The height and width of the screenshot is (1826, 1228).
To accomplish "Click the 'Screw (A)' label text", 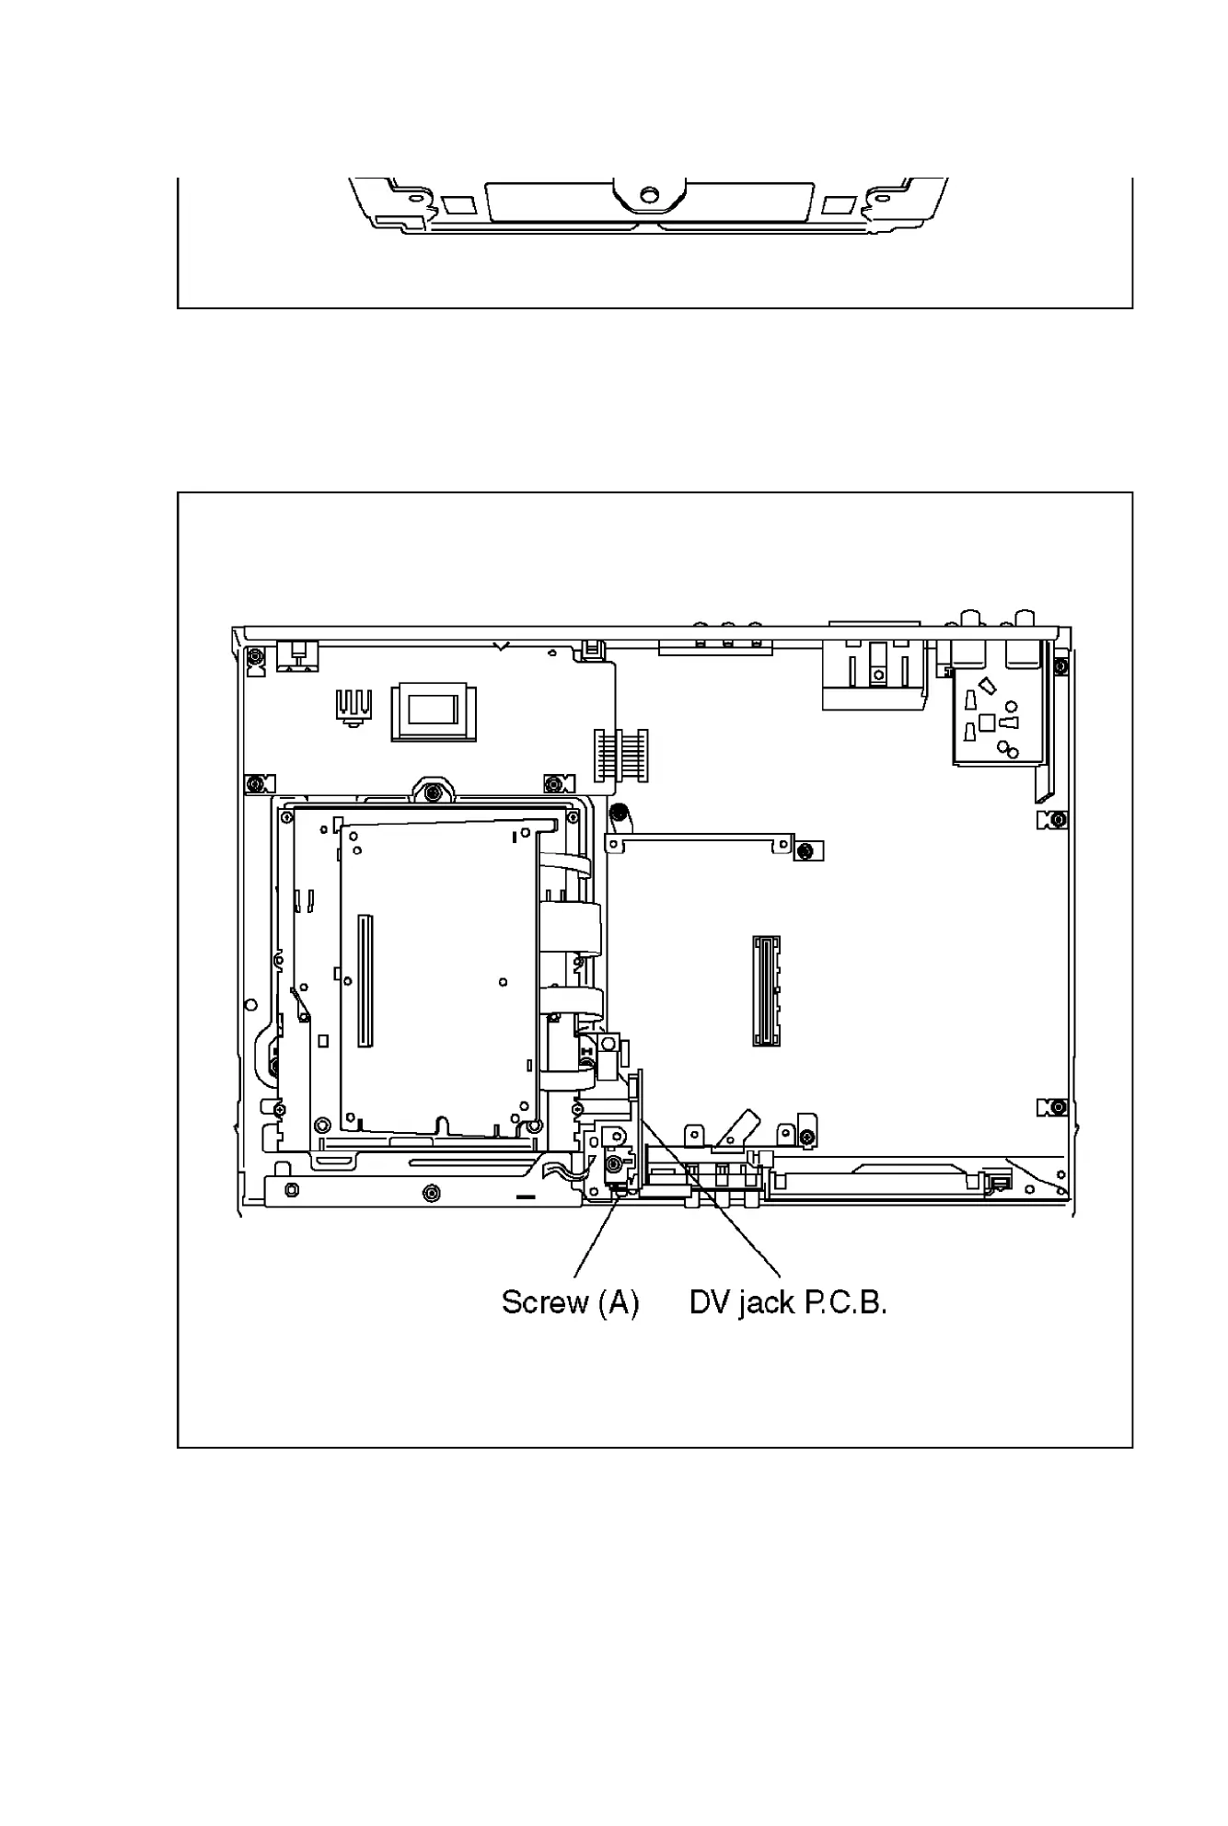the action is [570, 1303].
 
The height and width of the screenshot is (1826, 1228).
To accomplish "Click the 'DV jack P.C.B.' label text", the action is [788, 1303].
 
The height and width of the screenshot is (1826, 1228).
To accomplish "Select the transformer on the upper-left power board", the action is [434, 711].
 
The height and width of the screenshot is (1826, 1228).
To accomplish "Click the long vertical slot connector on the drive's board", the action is [364, 980].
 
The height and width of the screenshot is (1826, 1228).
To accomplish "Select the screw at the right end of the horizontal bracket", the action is [805, 850].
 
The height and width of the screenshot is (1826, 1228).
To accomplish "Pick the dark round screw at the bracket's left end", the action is [620, 813].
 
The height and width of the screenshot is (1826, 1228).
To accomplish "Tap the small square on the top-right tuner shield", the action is [987, 722].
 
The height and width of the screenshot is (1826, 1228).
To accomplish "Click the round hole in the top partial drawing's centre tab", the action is [649, 194].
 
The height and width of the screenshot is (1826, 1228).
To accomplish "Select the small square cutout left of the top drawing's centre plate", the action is [454, 204].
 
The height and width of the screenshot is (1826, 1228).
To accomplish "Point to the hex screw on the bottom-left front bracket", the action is [429, 1194].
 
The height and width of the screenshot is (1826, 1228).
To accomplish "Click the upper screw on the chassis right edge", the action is [1059, 819].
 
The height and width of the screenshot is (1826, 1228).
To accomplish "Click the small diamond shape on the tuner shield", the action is [989, 686].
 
